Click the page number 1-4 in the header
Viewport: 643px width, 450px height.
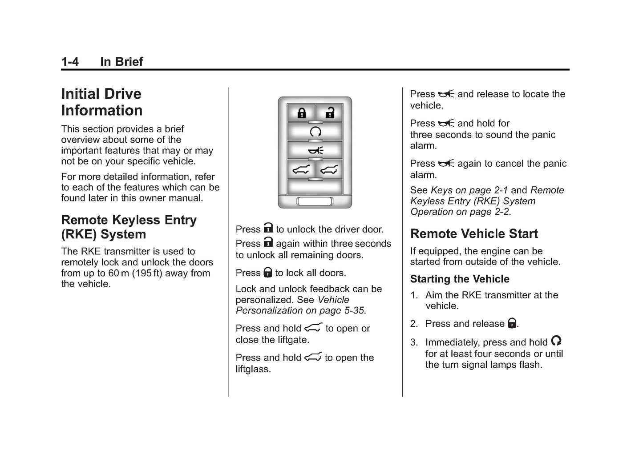(70, 62)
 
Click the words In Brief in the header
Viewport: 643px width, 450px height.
(121, 62)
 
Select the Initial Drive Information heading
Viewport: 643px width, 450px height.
(101, 102)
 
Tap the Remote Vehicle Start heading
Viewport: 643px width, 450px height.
(474, 234)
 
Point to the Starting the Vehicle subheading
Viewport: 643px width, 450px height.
(460, 279)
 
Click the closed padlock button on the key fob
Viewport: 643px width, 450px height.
(302, 113)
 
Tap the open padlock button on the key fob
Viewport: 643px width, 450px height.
(329, 113)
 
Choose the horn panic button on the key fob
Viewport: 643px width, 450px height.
(315, 150)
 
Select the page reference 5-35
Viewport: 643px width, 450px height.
(354, 311)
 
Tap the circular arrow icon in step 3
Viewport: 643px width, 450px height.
(556, 341)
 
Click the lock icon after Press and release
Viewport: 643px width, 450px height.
(512, 323)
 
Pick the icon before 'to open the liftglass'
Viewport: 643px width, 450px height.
(313, 357)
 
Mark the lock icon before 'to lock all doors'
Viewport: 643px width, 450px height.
(267, 273)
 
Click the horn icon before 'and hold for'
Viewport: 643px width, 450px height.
(446, 123)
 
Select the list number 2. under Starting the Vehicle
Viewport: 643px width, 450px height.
(414, 324)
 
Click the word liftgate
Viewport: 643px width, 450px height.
(293, 340)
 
